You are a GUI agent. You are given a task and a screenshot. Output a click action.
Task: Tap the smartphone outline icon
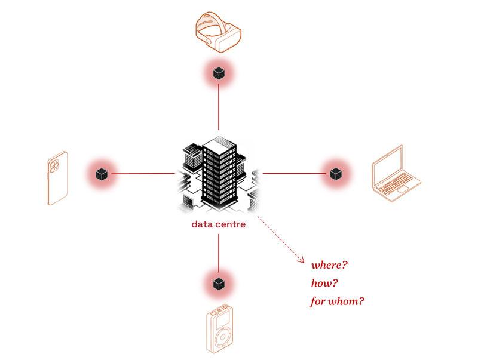coord(57,178)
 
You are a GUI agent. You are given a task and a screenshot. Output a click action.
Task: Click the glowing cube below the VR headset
coord(219,73)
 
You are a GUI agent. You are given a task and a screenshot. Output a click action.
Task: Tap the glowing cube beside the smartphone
coord(102,174)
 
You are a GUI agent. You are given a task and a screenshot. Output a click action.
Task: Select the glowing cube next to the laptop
coord(335,174)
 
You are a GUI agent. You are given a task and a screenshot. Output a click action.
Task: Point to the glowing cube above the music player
coord(219,282)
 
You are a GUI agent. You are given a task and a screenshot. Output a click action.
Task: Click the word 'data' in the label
coord(201,225)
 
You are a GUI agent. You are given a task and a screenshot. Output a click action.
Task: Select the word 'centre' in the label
coord(231,225)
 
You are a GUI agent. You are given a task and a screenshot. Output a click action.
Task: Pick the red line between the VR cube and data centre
coord(219,106)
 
